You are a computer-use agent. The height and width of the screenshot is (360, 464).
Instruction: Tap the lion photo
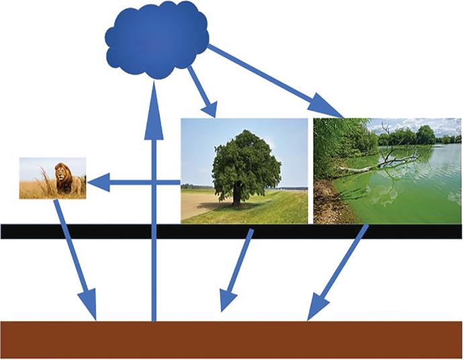[52, 178]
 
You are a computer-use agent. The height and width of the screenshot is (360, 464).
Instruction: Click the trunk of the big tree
[237, 194]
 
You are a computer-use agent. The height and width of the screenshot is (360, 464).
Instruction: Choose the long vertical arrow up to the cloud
[154, 215]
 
